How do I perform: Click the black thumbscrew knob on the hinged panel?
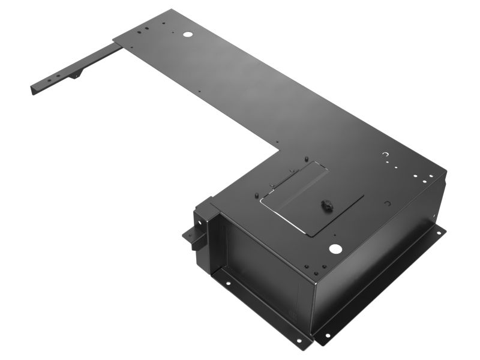pos(328,205)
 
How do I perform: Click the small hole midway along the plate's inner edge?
pos(199,92)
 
